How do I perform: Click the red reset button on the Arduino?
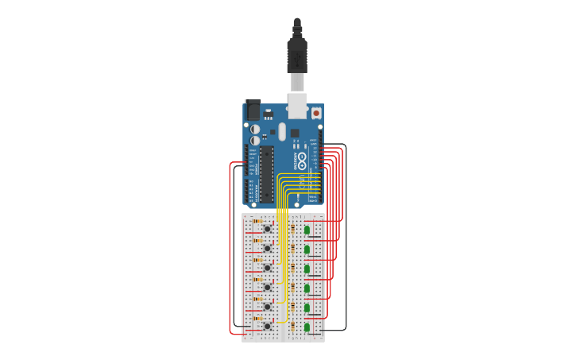tap(316, 113)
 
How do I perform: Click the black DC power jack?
tap(253, 110)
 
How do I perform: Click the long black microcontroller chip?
tap(267, 173)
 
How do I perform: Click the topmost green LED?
tap(307, 230)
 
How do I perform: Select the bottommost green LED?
tap(307, 327)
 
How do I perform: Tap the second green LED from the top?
tap(307, 250)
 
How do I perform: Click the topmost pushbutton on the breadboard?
tap(267, 229)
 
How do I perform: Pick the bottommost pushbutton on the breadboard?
tap(267, 326)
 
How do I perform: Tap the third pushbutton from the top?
tap(267, 268)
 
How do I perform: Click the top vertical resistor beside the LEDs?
tap(292, 229)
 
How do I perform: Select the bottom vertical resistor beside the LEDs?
tap(292, 326)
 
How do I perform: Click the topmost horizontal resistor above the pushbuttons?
tap(257, 221)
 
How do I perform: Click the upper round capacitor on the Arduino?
tap(255, 129)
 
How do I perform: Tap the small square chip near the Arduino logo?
tap(295, 133)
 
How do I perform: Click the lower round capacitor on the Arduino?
tap(255, 141)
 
